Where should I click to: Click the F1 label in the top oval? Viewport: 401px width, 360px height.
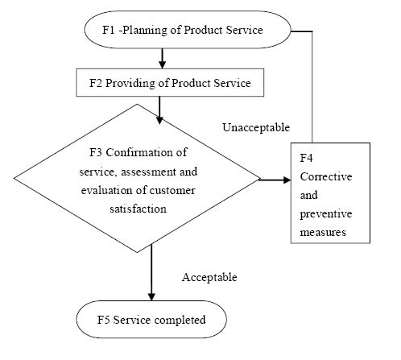click(108, 30)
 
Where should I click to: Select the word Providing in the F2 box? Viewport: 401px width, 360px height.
click(130, 83)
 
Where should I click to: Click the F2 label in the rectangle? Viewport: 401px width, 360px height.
click(96, 83)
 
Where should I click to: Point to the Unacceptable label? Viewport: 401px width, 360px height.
click(256, 127)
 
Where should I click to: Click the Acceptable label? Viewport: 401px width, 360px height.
click(209, 277)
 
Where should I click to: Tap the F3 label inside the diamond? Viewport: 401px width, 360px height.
click(96, 152)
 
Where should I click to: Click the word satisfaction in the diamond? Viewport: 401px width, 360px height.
click(138, 209)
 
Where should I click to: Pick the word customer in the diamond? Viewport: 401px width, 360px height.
click(172, 190)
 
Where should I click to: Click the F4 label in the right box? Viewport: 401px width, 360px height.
click(306, 158)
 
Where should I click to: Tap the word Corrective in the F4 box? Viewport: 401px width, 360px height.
click(326, 176)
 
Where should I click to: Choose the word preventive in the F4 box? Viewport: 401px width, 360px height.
click(326, 214)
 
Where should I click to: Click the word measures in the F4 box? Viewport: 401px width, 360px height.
click(323, 233)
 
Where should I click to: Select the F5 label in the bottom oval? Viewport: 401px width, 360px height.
click(103, 320)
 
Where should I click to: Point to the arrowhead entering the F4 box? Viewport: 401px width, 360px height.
click(287, 180)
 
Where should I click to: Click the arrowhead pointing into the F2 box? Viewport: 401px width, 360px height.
click(162, 64)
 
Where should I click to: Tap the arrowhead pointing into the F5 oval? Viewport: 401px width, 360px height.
click(151, 296)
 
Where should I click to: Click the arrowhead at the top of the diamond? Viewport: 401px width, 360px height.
click(159, 120)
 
